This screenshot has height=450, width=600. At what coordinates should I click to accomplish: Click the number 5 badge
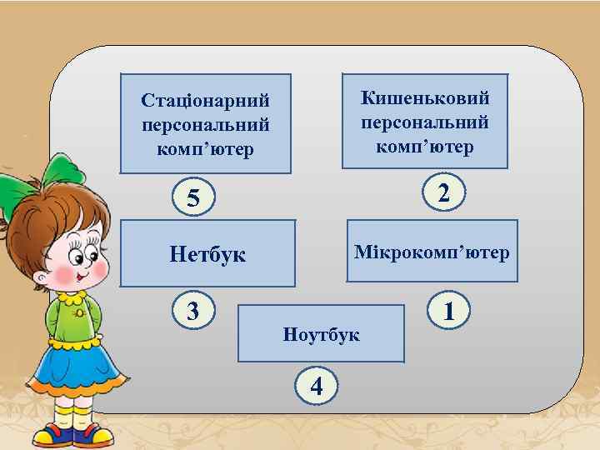point(193,199)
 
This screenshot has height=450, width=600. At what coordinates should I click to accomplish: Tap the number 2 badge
point(445,192)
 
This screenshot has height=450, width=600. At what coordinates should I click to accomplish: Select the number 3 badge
point(192,310)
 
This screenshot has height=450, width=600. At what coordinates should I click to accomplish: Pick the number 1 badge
point(449,311)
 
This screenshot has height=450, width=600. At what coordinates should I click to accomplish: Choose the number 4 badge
point(316,386)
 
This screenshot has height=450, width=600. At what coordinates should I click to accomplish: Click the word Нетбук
point(207,253)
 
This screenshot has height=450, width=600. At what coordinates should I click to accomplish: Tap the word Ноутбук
point(321,334)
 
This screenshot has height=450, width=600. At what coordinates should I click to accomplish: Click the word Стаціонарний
point(206,101)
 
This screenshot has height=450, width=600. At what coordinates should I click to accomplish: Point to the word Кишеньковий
point(425,97)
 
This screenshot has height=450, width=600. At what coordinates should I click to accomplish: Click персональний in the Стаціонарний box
point(206,125)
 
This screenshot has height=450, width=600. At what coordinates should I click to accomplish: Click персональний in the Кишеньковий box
point(425,122)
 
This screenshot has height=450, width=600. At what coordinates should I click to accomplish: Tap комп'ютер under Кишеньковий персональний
point(425,147)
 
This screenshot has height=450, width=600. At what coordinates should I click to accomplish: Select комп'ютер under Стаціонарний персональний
point(206,150)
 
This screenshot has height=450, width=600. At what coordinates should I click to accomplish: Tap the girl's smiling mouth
point(80,275)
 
